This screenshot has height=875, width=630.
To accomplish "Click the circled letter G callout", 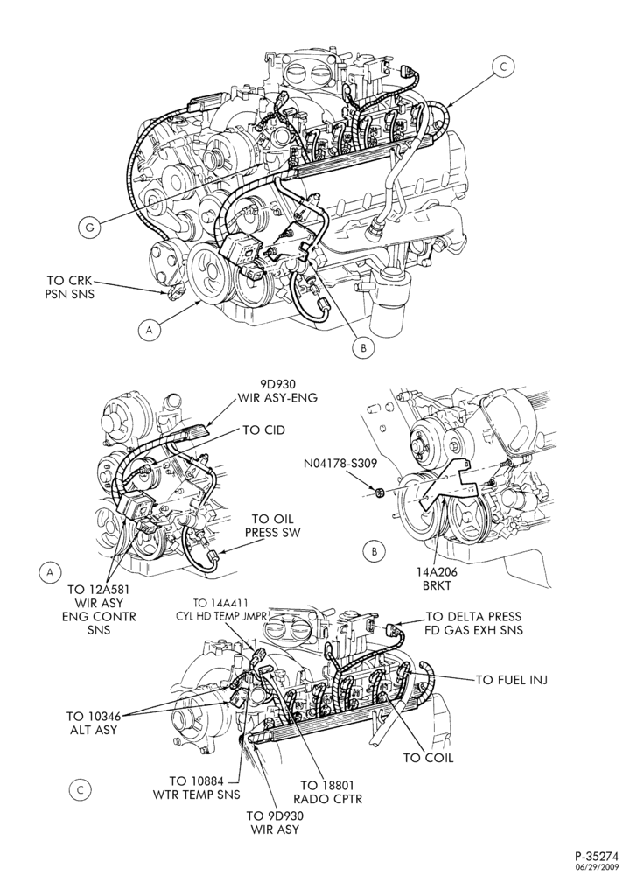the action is (x=90, y=227).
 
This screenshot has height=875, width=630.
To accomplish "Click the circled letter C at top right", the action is (x=503, y=67).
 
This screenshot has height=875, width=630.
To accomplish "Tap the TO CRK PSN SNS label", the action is (x=70, y=286).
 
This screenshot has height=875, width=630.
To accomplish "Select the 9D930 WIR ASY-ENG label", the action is (x=276, y=390).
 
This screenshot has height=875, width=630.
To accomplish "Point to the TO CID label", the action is (x=264, y=430).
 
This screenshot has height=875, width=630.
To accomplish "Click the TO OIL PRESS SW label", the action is (x=272, y=526).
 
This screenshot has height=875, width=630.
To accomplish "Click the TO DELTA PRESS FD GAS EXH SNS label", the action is (x=474, y=623).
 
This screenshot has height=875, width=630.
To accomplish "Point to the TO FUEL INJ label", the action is (x=512, y=679).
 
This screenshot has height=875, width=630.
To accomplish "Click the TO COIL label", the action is (x=429, y=757).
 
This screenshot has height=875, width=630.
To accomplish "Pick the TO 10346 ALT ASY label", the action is (x=92, y=722).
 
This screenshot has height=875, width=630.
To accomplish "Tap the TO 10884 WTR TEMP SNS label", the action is (x=197, y=787).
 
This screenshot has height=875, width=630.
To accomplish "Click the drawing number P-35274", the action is (x=597, y=856).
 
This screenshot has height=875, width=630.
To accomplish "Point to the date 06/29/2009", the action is (x=598, y=867).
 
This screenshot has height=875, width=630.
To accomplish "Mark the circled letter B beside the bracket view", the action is (x=374, y=551).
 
